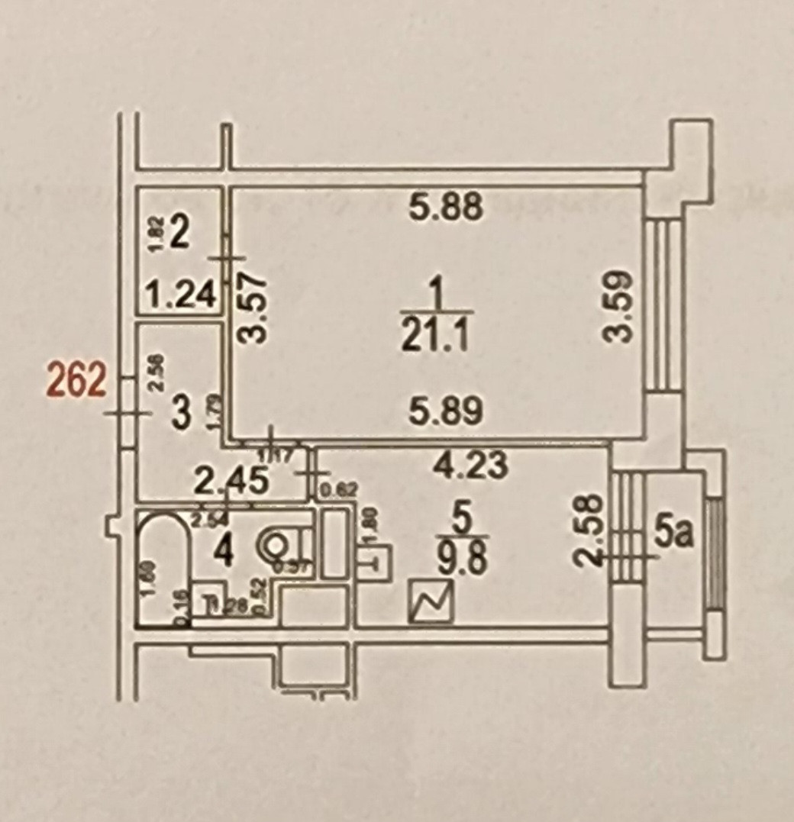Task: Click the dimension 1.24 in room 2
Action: click(x=181, y=294)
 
